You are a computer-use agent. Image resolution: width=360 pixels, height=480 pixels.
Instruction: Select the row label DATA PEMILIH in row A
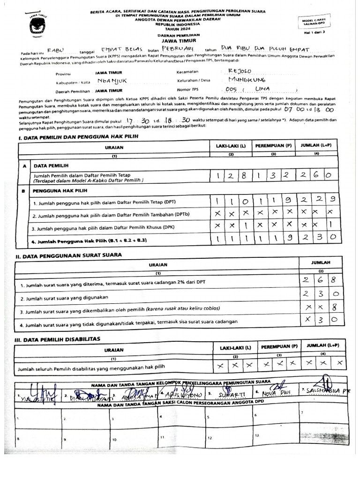pyautogui.click(x=51, y=165)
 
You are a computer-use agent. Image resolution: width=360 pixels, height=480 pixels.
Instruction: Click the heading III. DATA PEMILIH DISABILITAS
pyautogui.click(x=58, y=338)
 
